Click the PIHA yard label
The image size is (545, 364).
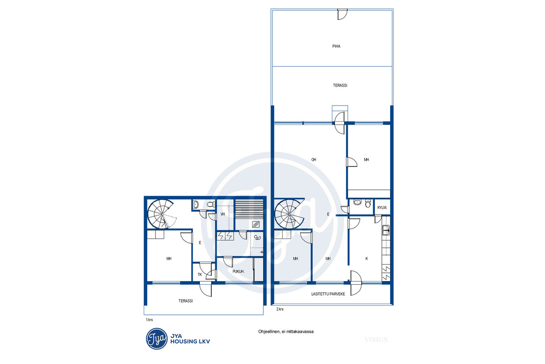(x=336, y=46)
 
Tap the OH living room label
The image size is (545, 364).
(x=314, y=160)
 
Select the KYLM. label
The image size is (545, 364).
(x=382, y=208)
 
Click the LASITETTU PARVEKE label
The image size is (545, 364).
(x=328, y=294)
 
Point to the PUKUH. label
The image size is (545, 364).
(x=238, y=271)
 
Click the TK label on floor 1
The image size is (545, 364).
(x=200, y=274)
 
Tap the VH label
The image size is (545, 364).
(x=223, y=215)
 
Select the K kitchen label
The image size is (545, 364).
(x=367, y=259)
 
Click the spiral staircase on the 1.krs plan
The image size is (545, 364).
(x=161, y=214)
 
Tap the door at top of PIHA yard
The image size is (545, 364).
(x=343, y=14)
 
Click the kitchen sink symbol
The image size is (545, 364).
(x=386, y=230)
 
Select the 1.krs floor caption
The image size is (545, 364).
(x=149, y=320)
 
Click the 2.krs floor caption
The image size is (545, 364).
(x=280, y=309)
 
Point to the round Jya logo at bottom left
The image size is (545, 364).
(x=157, y=338)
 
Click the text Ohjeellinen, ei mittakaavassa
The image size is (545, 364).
(x=286, y=332)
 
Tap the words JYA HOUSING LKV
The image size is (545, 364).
(x=190, y=338)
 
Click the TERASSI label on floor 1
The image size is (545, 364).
(x=186, y=301)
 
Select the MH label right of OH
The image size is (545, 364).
(x=367, y=160)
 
